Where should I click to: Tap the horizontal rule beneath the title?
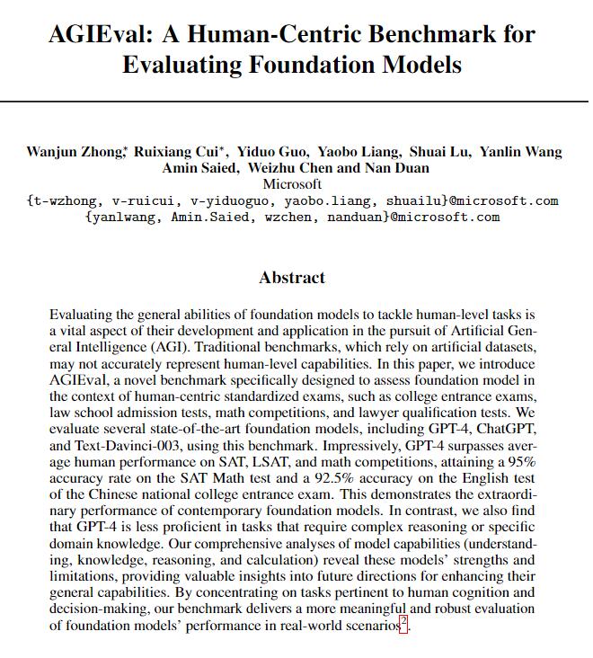tap(296, 101)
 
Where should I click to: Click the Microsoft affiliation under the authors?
tap(296, 183)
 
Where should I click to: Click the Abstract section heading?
tap(292, 277)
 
